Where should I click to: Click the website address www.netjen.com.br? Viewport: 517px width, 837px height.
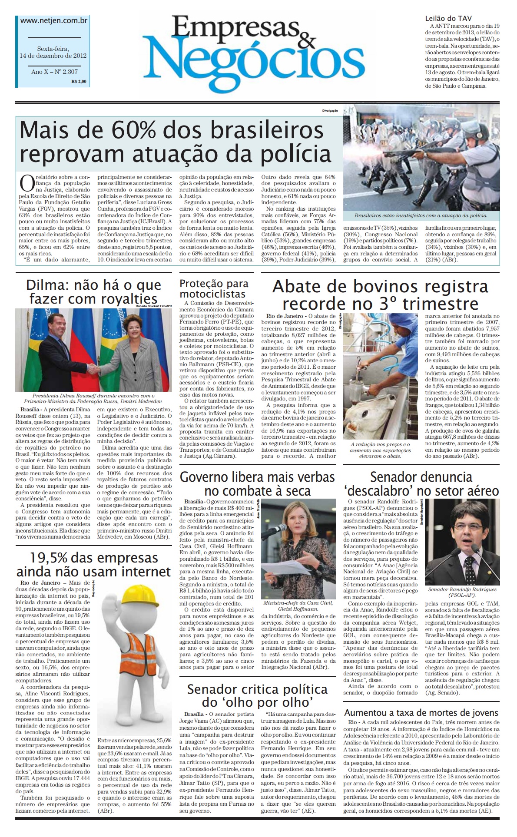tap(54, 20)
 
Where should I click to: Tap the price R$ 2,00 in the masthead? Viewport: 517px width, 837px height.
tap(79, 81)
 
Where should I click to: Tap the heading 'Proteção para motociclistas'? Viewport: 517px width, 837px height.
tap(214, 289)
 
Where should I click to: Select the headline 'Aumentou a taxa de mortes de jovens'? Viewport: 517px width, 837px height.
tap(421, 713)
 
